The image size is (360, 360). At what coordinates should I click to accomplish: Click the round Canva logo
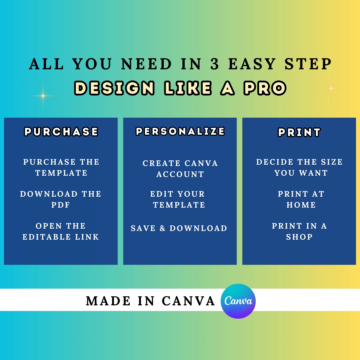(x=238, y=301)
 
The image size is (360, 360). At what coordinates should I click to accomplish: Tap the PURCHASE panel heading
(x=61, y=132)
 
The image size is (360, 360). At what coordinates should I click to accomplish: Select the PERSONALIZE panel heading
(x=180, y=131)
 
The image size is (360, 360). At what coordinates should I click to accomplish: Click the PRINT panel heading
(x=299, y=132)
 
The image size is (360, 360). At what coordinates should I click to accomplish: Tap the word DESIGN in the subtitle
(x=114, y=88)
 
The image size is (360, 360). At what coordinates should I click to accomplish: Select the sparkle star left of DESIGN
(x=43, y=96)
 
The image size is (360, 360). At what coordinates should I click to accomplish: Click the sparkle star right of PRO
(x=331, y=88)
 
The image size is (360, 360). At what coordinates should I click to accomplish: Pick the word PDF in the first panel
(x=61, y=205)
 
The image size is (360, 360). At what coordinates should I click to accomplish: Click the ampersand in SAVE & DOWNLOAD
(x=163, y=228)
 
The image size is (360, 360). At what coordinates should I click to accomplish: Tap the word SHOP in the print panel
(x=299, y=237)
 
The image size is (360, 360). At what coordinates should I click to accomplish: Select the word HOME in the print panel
(x=301, y=205)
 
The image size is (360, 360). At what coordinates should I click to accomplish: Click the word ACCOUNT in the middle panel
(x=180, y=174)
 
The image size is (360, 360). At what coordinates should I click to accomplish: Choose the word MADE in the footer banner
(x=108, y=301)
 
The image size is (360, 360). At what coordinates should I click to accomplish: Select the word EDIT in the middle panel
(x=162, y=194)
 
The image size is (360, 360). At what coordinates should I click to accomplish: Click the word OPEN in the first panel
(x=49, y=226)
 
